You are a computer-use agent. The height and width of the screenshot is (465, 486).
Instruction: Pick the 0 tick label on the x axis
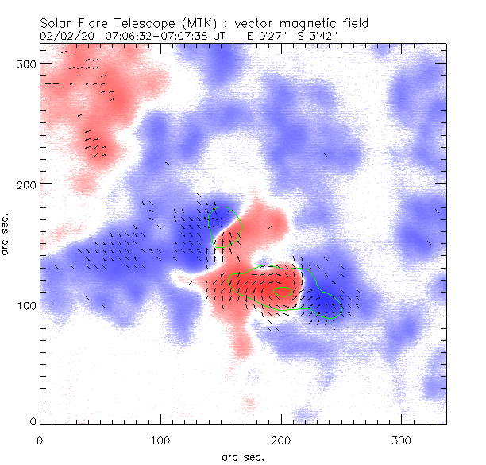[40, 439]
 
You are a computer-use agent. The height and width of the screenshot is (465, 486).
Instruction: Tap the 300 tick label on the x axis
[402, 439]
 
